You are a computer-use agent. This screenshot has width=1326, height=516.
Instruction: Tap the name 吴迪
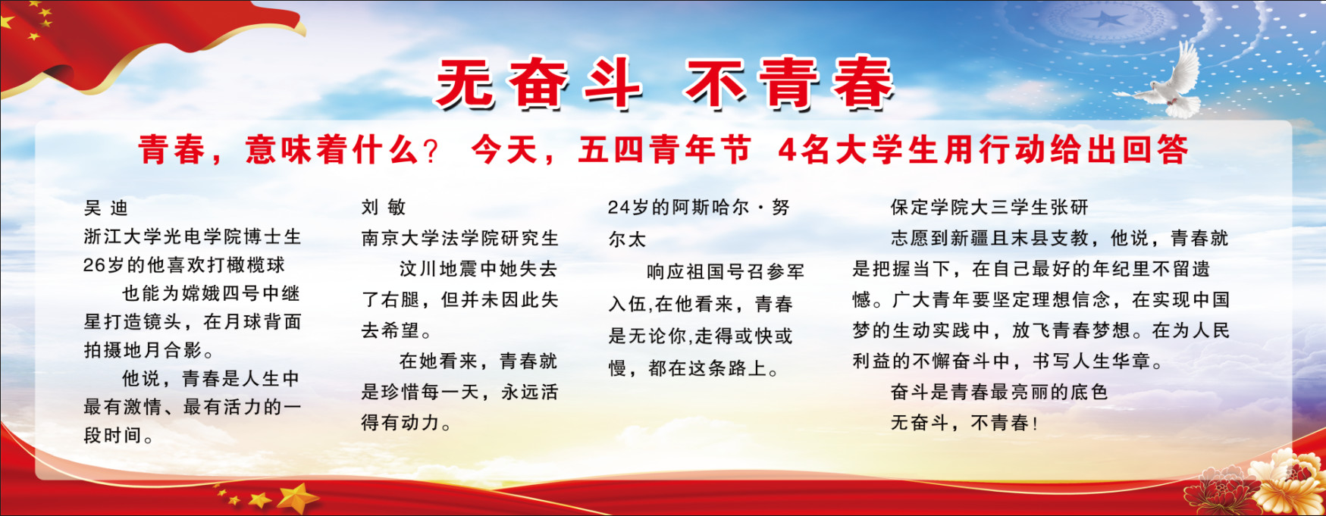point(106,208)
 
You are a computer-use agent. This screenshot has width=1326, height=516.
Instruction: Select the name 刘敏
point(384,208)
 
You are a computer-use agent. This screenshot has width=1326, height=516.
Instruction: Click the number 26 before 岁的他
point(93,265)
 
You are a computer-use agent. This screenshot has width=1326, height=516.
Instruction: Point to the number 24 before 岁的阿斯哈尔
point(619,208)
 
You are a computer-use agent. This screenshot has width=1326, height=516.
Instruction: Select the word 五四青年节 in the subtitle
point(664,150)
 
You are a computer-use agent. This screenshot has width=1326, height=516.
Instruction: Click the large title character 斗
point(613,83)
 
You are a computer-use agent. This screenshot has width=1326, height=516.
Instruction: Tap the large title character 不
point(716,83)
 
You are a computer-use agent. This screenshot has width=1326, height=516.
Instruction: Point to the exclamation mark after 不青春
point(1035,423)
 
